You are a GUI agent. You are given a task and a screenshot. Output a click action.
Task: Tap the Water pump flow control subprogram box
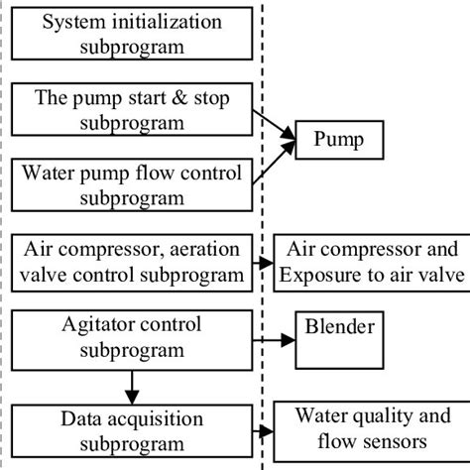pyautogui.click(x=131, y=186)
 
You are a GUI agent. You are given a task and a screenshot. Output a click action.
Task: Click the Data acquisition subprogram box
pyautogui.click(x=131, y=428)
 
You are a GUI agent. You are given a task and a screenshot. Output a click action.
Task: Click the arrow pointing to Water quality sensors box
pyautogui.click(x=265, y=432)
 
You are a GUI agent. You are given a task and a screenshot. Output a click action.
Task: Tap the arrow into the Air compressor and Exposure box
pyautogui.click(x=264, y=264)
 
